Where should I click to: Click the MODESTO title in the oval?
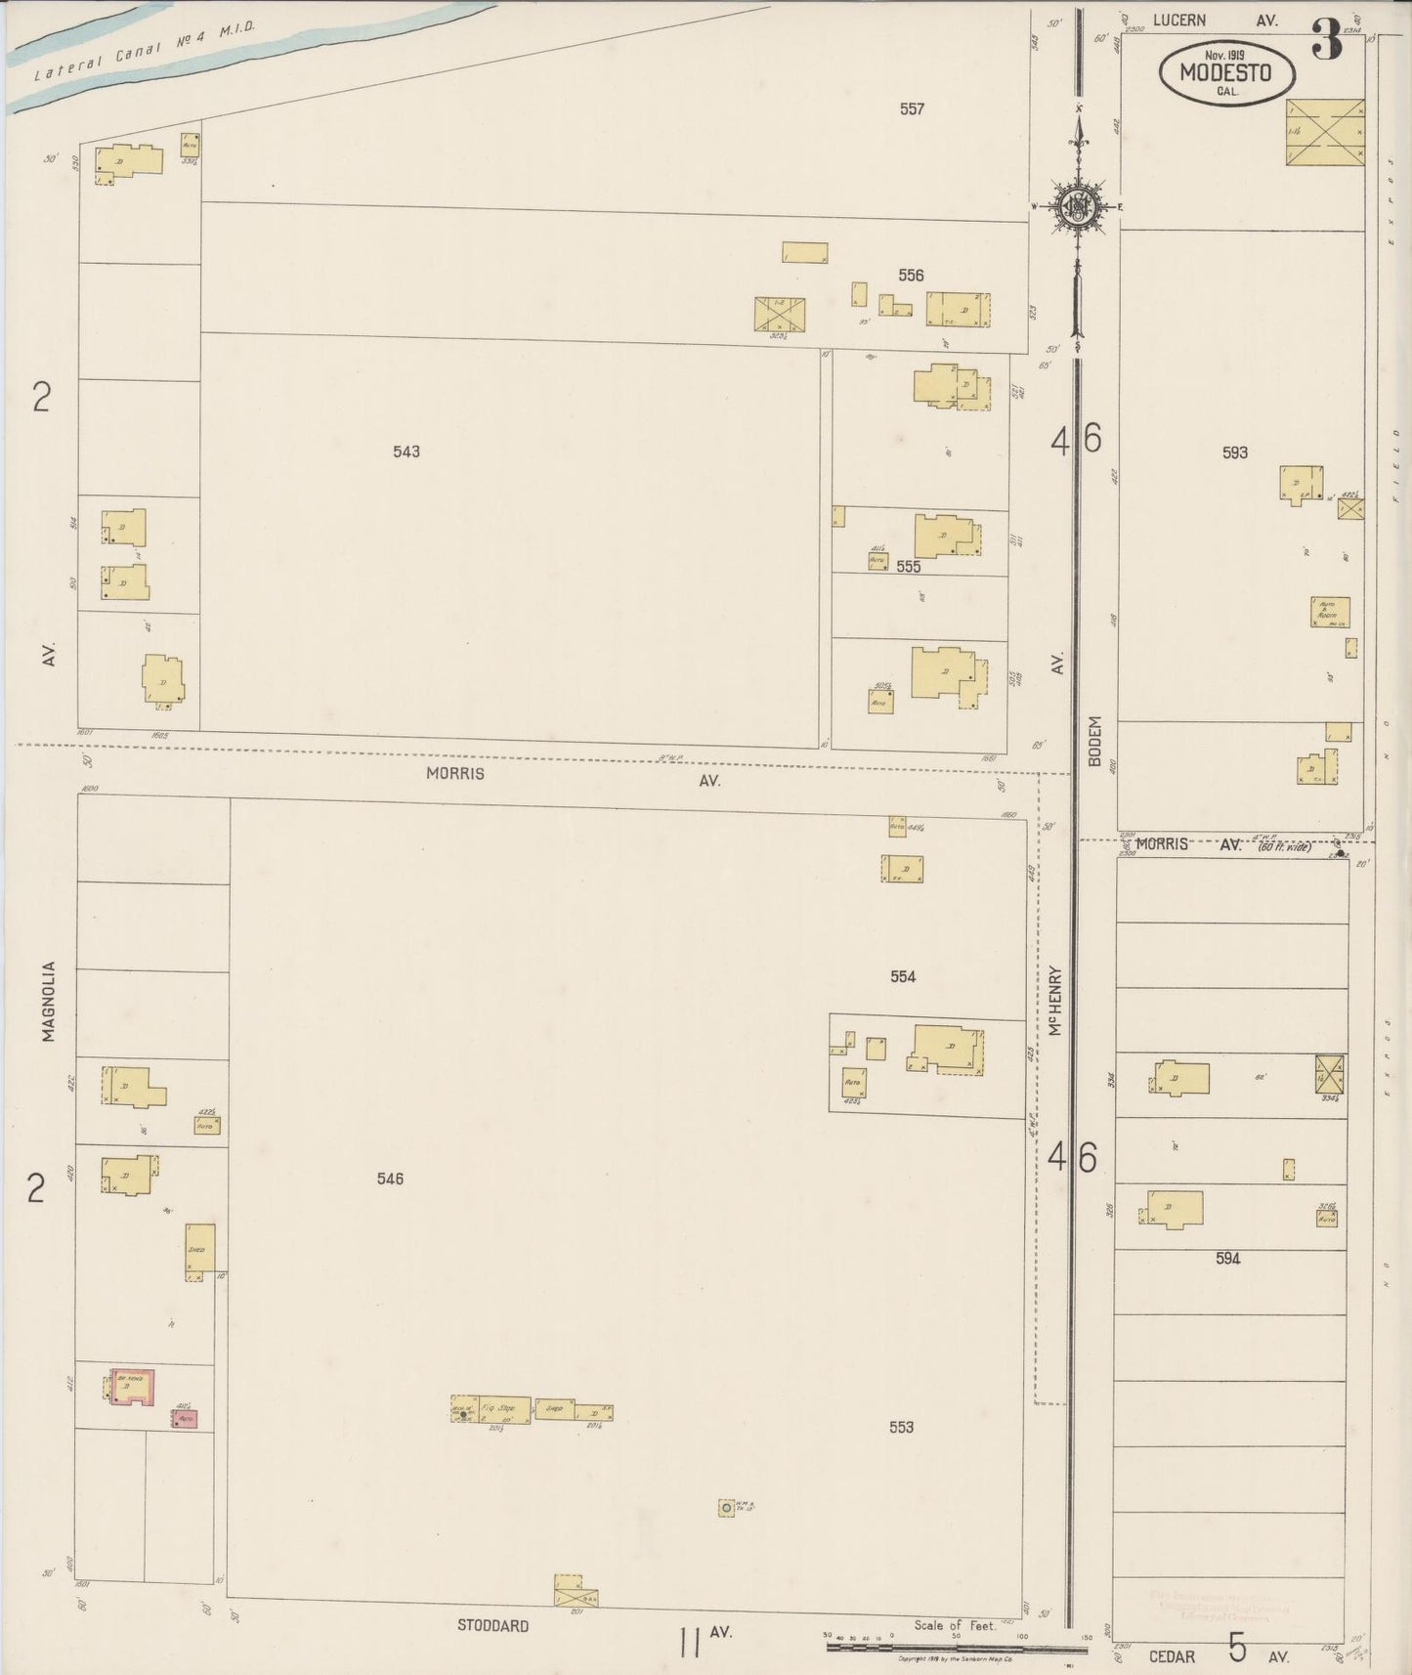tap(1225, 72)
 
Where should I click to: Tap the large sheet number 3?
tap(1326, 42)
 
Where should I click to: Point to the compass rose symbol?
tap(1076, 205)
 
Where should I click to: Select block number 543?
tap(406, 451)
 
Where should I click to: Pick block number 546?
tap(390, 1179)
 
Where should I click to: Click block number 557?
tap(912, 109)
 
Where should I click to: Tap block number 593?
tap(1235, 452)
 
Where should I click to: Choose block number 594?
tap(1227, 1259)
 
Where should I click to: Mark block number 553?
tap(901, 1427)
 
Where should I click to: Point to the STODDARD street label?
tap(493, 1626)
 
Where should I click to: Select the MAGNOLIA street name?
tap(49, 1002)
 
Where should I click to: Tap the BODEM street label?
tap(1094, 741)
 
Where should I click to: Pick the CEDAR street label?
tap(1172, 1656)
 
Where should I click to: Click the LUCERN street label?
tap(1178, 20)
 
